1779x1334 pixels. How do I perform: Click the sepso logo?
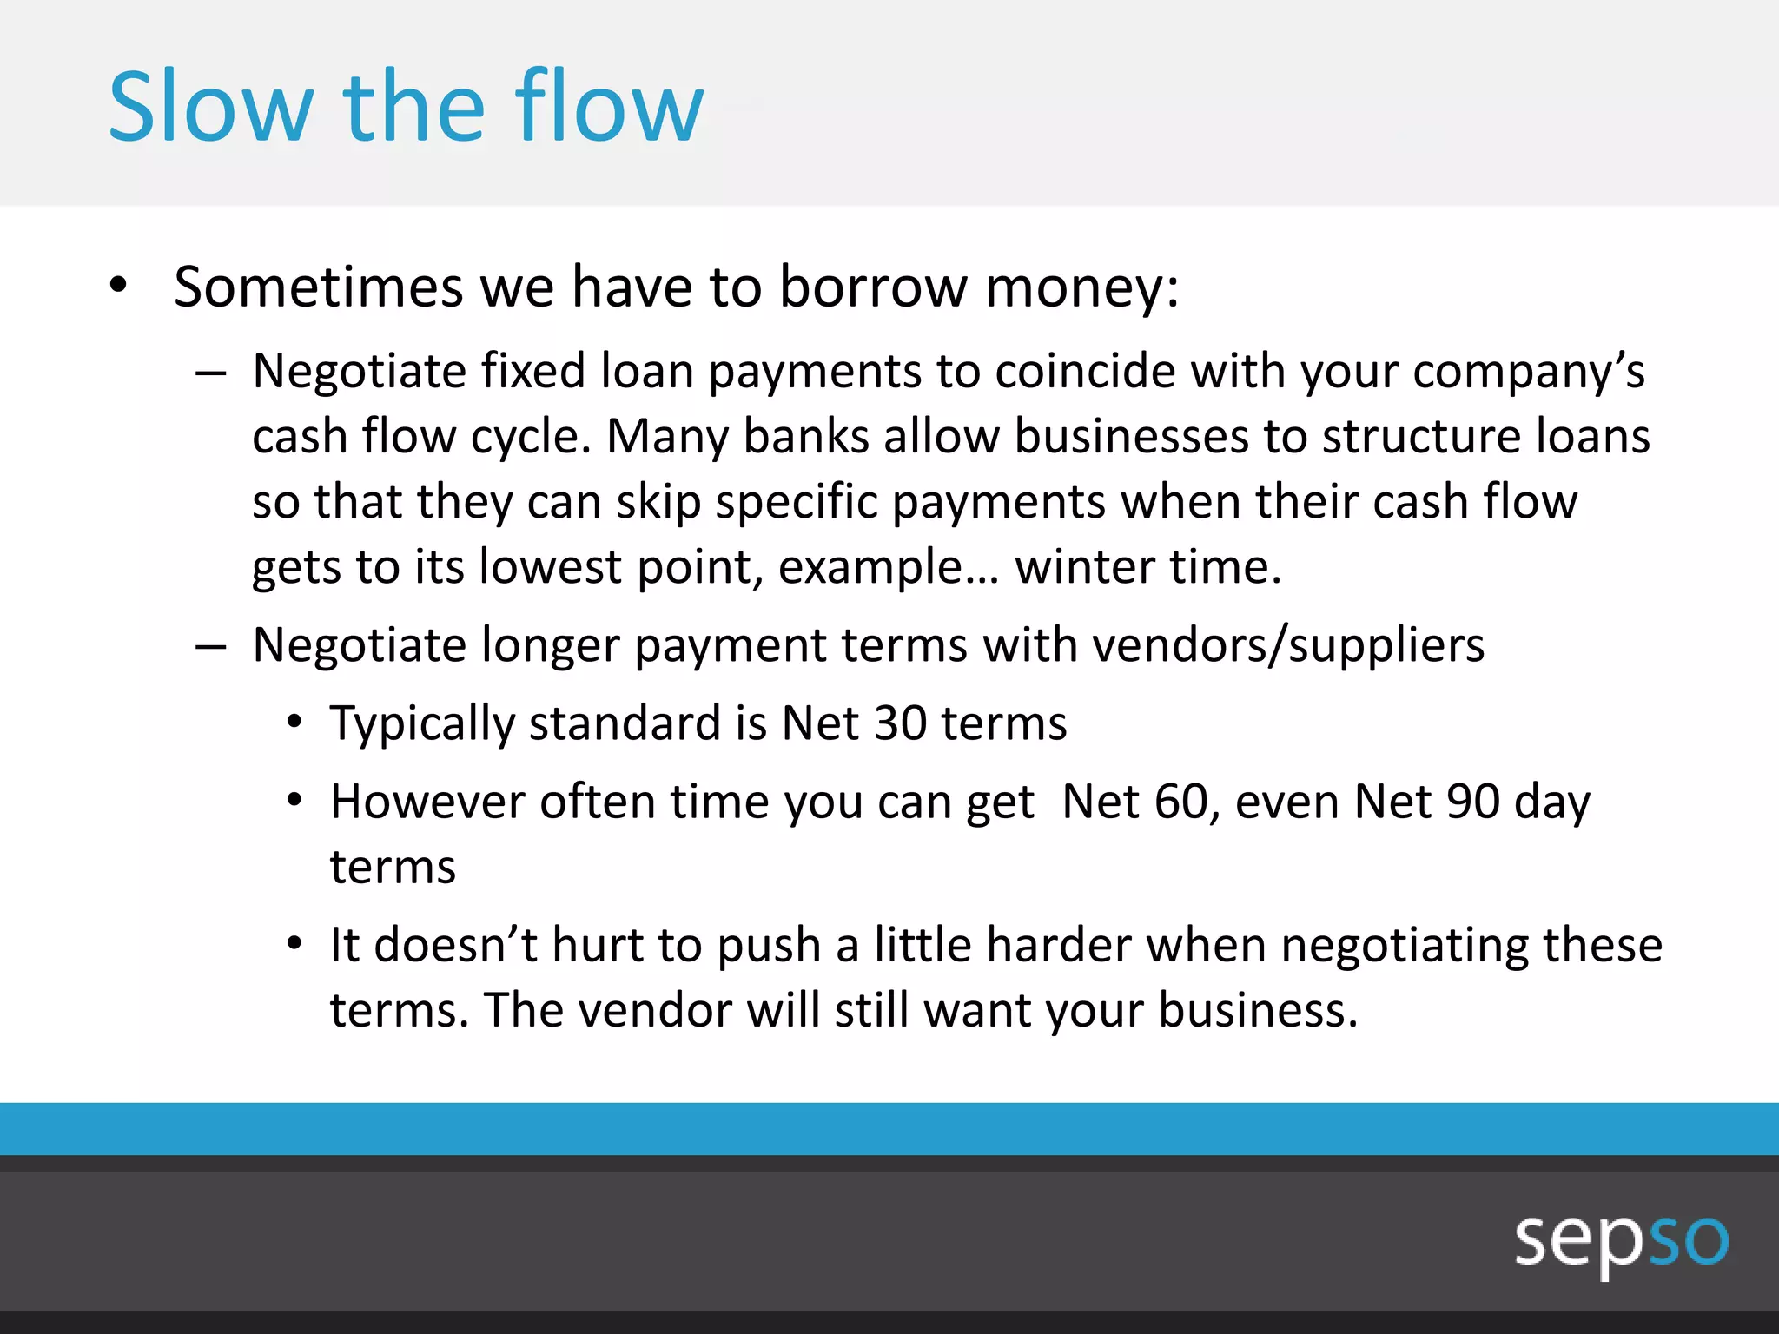point(1621,1240)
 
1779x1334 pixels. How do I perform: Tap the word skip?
point(658,503)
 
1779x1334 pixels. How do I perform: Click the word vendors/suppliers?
point(1287,645)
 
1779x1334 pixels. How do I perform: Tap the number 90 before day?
point(1472,802)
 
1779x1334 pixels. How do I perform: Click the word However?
point(427,802)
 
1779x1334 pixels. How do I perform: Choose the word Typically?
point(422,724)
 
